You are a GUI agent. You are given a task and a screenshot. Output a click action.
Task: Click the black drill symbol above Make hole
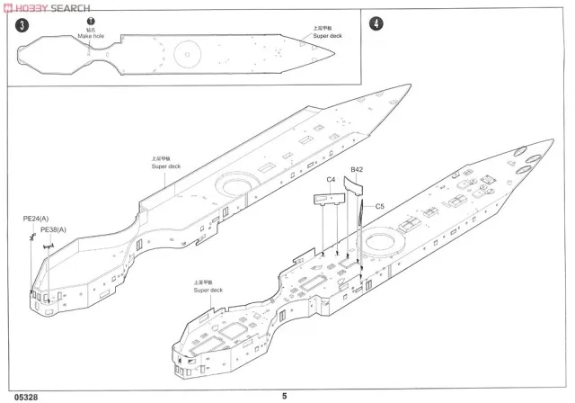click(x=90, y=20)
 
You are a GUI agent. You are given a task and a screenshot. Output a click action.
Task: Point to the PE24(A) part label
click(x=37, y=218)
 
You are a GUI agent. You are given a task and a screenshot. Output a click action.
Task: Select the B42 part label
click(x=357, y=169)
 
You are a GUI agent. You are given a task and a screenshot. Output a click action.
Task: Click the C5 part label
click(x=379, y=205)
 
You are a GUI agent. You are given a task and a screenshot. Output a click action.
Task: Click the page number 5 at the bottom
click(x=285, y=394)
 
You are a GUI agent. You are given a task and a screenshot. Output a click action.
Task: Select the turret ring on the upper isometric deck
click(x=236, y=186)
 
